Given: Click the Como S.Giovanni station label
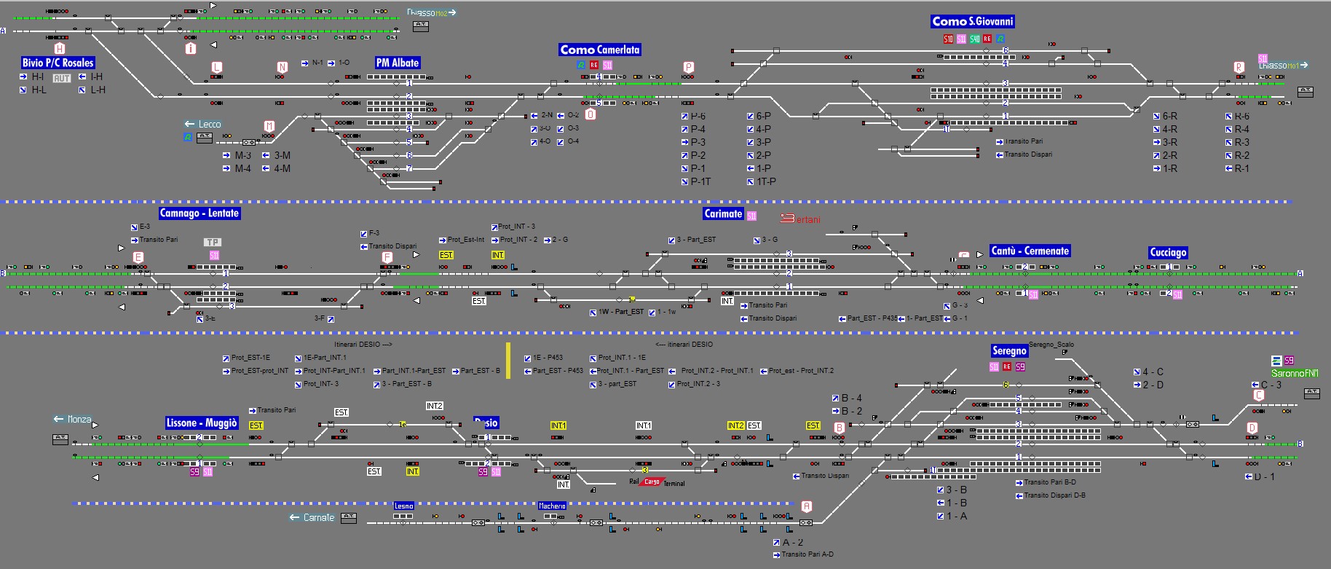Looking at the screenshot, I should tap(972, 22).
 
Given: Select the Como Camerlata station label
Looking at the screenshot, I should tap(599, 50).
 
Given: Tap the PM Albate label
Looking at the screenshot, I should tap(398, 63).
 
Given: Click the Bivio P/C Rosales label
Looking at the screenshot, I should tap(58, 63).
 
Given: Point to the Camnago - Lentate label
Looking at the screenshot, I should tap(199, 213).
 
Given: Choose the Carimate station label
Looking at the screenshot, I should tap(722, 213).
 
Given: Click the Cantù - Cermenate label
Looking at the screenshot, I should tap(1030, 251).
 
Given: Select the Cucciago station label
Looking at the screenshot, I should tap(1168, 252).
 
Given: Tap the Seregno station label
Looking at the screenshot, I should tap(1009, 350).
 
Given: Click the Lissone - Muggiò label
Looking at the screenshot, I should tap(202, 423).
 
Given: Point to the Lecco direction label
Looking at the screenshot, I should tap(203, 124).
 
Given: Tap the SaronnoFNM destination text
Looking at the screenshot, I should tap(1295, 373).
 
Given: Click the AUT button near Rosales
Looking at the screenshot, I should tap(62, 78).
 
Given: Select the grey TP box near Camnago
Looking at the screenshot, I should tap(213, 242).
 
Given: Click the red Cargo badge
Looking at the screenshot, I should tap(652, 482).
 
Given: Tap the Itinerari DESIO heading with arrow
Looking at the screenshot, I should tap(363, 344).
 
